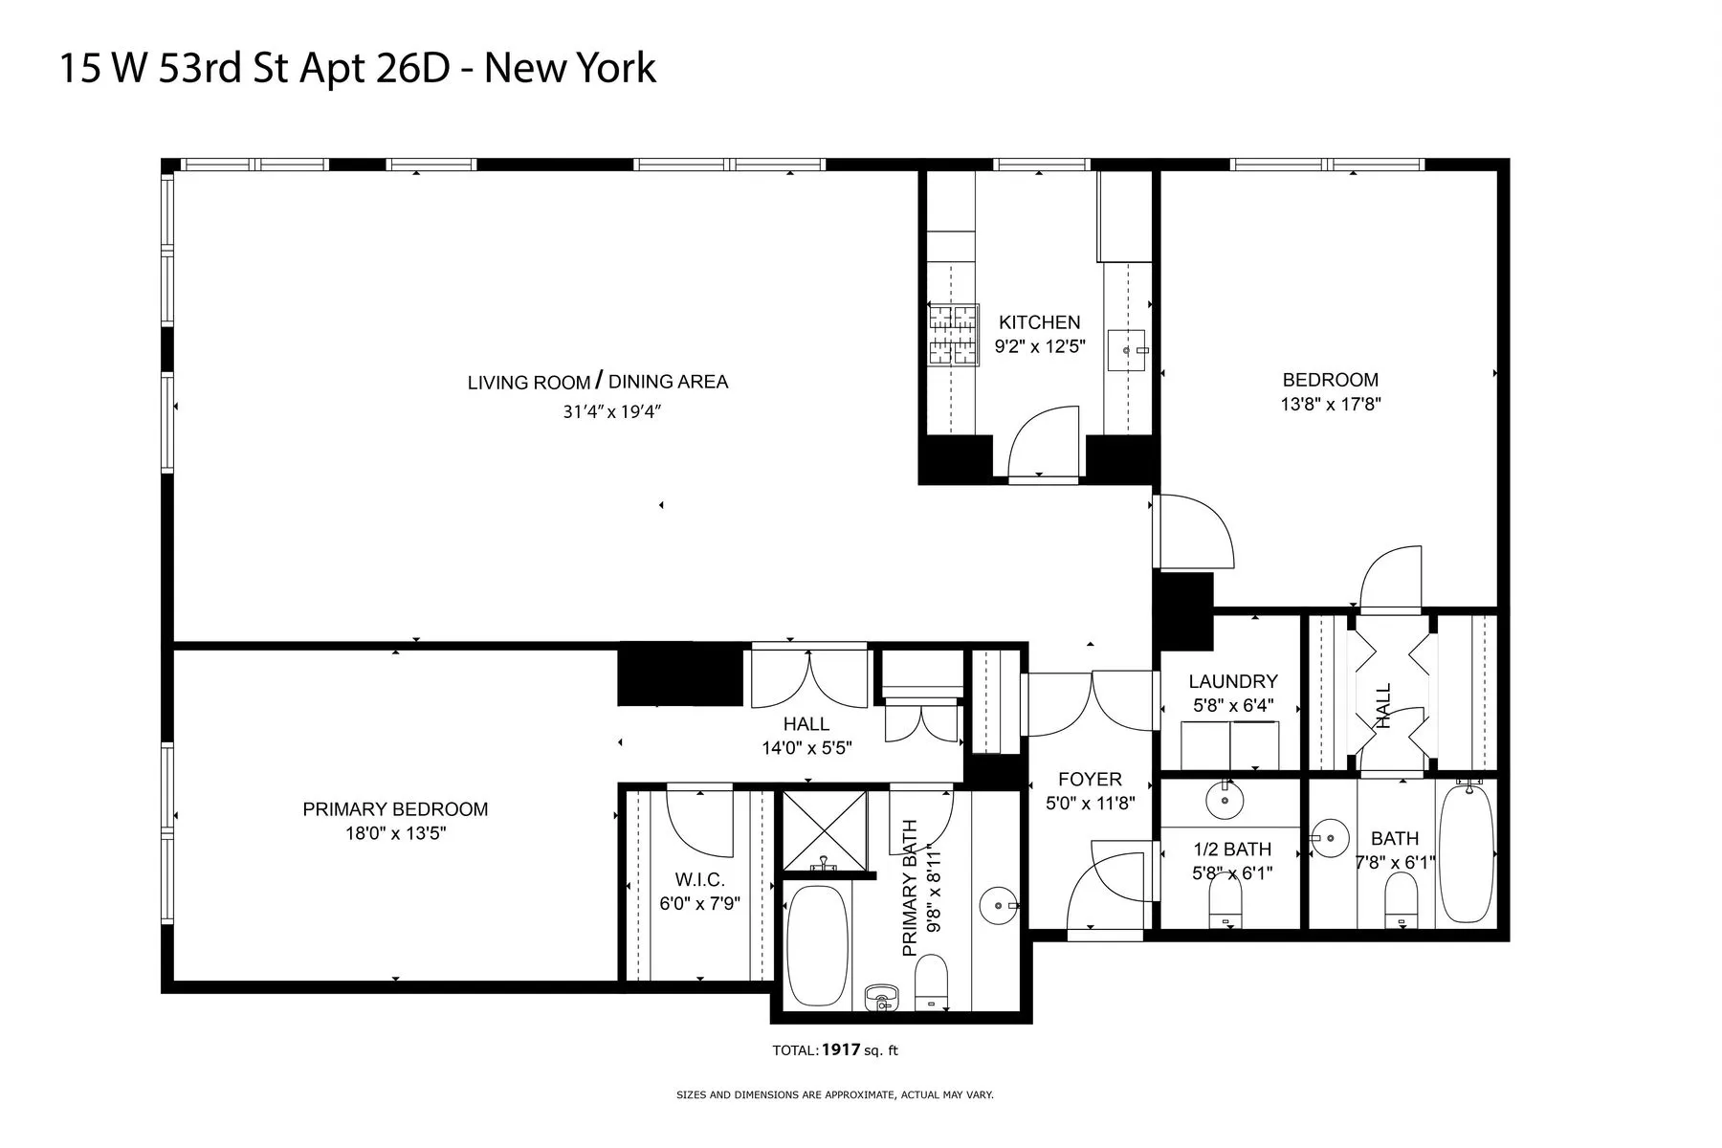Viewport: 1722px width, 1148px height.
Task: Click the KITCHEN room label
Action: click(x=1039, y=322)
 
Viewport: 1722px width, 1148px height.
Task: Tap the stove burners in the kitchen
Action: click(x=954, y=335)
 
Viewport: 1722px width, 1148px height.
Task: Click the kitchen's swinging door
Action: click(x=1043, y=440)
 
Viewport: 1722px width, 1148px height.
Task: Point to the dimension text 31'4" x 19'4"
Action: click(x=612, y=412)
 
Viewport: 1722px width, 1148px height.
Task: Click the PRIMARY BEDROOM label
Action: click(x=395, y=809)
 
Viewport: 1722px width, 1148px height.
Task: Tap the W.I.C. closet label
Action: click(x=698, y=880)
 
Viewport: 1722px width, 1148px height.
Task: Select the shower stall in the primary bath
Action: click(x=825, y=828)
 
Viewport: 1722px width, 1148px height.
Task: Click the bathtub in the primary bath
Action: click(x=816, y=945)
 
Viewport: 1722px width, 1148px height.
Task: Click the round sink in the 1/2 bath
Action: click(x=1224, y=800)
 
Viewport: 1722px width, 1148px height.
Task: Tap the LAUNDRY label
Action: click(x=1232, y=681)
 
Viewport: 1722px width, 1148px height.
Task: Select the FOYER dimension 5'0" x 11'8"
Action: click(x=1090, y=804)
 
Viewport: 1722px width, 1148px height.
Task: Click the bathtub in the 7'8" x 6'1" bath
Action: click(x=1466, y=851)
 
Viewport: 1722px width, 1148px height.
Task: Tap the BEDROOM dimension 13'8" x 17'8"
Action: click(x=1330, y=404)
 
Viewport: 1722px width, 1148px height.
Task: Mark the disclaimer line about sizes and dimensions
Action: click(x=834, y=1094)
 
